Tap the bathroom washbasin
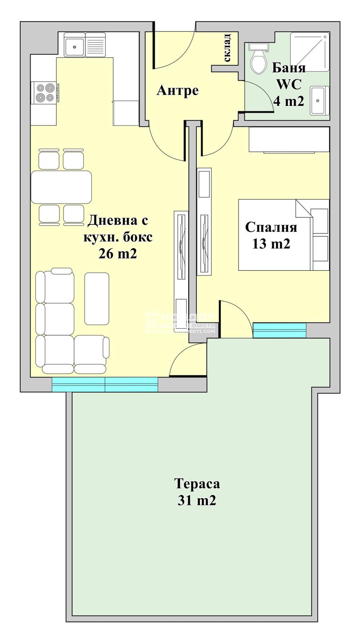[x=319, y=100]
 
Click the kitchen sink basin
[x=74, y=45]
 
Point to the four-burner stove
[x=44, y=92]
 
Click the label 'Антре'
[x=177, y=91]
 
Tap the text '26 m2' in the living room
[x=117, y=254]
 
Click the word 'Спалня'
[x=271, y=227]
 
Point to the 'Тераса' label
[x=197, y=484]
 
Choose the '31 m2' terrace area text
[x=197, y=500]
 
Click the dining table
[x=61, y=187]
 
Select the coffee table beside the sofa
[x=97, y=299]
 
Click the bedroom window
[x=279, y=330]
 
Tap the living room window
[x=105, y=384]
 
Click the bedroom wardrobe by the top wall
[x=289, y=140]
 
